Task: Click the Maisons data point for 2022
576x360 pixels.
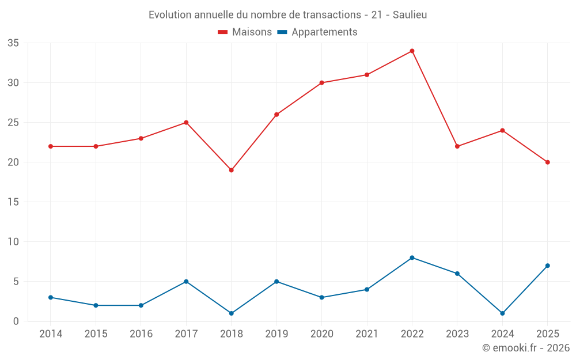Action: (412, 51)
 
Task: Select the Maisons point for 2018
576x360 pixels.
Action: (232, 170)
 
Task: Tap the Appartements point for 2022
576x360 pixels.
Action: (412, 258)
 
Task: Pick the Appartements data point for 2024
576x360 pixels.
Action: (502, 313)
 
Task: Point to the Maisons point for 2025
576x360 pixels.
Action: (548, 162)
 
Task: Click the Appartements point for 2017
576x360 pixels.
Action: (186, 282)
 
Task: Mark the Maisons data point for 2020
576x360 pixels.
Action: (322, 83)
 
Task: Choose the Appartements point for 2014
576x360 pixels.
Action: (51, 298)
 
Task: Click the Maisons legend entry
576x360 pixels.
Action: (245, 32)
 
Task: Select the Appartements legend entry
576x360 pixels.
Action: (317, 32)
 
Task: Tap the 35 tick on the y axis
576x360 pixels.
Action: (13, 43)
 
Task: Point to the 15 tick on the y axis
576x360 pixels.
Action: (13, 202)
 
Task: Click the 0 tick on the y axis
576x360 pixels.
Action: (16, 321)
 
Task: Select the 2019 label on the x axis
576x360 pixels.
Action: (276, 334)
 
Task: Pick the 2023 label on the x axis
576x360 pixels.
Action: (457, 334)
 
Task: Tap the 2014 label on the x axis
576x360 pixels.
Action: (51, 334)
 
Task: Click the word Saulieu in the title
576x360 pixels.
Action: (410, 15)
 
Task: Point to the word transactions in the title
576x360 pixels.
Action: (332, 15)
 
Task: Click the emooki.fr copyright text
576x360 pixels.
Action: (526, 347)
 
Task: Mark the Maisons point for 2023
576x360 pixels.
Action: (457, 146)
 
